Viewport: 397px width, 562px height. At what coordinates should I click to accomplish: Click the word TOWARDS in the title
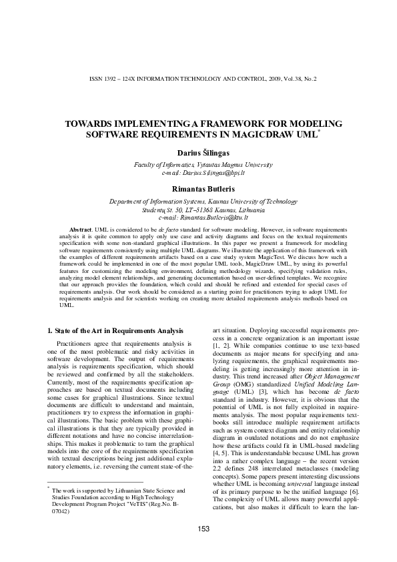[x=109, y=124]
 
